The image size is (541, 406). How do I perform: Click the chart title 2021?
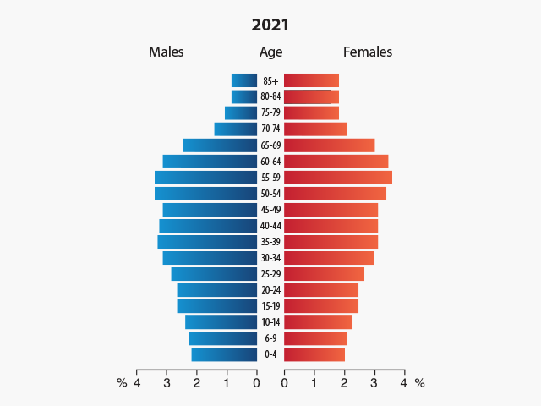270,25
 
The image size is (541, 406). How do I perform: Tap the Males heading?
167,52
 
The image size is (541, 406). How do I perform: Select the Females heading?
368,52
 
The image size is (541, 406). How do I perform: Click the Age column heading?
270,52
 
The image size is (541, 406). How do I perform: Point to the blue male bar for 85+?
244,80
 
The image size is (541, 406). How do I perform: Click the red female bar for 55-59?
337,178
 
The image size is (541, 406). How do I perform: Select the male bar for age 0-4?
224,354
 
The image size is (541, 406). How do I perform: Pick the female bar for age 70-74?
315,129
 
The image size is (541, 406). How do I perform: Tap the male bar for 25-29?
214,274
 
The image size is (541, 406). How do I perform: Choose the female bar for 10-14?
318,322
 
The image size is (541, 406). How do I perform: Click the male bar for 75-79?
241,113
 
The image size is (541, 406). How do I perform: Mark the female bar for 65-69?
329,145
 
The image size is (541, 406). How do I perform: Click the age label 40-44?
270,226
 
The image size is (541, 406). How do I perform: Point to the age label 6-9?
270,338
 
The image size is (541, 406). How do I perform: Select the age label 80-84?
270,97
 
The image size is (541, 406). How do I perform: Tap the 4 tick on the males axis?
137,383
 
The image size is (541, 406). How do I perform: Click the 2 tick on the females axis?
344,383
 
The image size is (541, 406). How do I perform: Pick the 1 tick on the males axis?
227,383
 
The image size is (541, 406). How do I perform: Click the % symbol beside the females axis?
419,383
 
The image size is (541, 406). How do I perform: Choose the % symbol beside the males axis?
122,383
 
